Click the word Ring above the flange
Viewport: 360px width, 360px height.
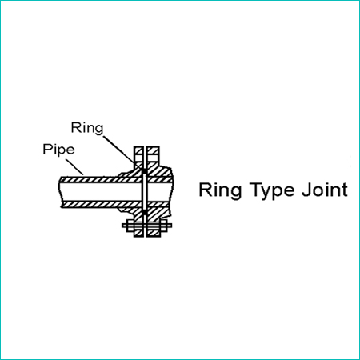tap(87, 129)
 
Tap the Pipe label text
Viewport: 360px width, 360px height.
tap(58, 150)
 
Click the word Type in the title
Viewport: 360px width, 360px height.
tap(271, 191)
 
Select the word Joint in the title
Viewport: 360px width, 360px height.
tap(325, 190)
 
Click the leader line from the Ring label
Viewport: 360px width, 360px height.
tap(123, 153)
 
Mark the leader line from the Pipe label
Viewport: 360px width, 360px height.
tap(74, 167)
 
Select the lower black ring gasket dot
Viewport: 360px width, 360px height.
tap(144, 212)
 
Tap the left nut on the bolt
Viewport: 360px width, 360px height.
tap(130, 226)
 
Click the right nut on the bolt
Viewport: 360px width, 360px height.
tap(164, 226)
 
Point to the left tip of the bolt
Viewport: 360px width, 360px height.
tap(122, 226)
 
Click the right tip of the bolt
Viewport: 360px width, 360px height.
tap(171, 226)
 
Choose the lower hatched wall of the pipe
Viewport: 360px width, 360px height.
tap(102, 205)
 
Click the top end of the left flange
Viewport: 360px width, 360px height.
tap(138, 146)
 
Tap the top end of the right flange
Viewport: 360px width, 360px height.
tap(153, 146)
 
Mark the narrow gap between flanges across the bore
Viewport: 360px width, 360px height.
tap(145, 192)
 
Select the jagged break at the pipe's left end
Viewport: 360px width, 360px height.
tap(61, 192)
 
